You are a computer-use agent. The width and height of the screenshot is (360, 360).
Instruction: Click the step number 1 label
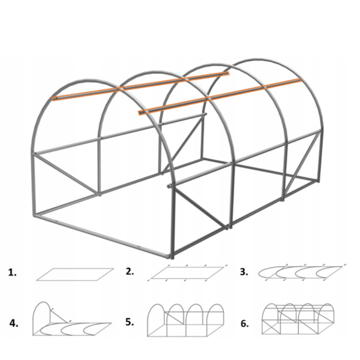click(x=12, y=272)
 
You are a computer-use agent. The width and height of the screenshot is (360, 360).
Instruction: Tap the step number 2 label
click(x=130, y=271)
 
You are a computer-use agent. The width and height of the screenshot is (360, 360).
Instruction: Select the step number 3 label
click(x=244, y=272)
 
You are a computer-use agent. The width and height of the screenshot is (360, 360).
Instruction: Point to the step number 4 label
click(x=14, y=323)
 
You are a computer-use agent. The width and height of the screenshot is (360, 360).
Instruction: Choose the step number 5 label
click(x=130, y=322)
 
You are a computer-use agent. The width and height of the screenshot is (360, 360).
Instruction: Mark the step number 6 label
click(x=245, y=323)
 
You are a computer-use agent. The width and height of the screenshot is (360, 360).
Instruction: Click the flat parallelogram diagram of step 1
click(x=75, y=274)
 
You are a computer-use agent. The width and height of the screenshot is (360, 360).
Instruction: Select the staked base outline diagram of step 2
click(x=187, y=273)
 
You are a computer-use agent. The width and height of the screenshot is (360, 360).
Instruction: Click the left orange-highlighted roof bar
click(x=140, y=86)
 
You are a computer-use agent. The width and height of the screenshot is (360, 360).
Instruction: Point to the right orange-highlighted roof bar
click(x=220, y=97)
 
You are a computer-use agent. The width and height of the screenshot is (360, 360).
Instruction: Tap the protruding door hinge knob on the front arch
click(x=169, y=186)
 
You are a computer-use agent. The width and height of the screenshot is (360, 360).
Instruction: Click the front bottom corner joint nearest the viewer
click(x=171, y=256)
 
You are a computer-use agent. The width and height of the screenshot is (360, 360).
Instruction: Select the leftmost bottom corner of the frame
click(x=35, y=215)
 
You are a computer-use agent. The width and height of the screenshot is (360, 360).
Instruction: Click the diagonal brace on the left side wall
click(x=67, y=174)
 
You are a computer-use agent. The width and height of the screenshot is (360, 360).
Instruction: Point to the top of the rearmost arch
click(x=257, y=59)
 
